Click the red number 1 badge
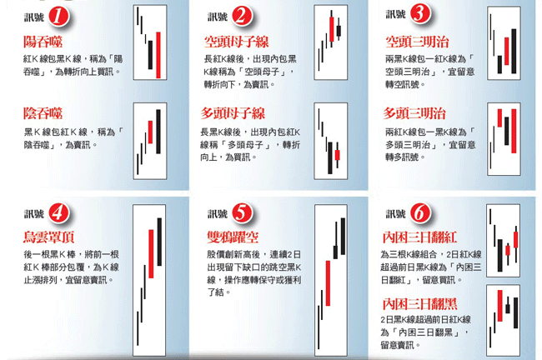point(58,17)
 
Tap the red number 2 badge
point(242,16)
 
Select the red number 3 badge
point(420,14)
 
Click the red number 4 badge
point(58,213)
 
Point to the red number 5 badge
point(242,213)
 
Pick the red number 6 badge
point(420,212)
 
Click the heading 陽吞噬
point(43,42)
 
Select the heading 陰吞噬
point(43,113)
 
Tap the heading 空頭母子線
point(237,42)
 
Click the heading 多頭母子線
point(233,113)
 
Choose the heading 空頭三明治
point(417,42)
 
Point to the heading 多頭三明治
point(414,113)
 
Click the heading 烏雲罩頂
point(48,237)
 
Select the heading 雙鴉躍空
point(233,237)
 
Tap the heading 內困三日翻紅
point(419,237)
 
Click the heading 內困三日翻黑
point(419,303)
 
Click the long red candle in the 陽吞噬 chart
point(158,55)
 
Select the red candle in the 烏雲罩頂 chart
point(151,253)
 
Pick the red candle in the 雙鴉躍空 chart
point(328,283)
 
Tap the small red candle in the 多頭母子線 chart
point(338,155)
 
